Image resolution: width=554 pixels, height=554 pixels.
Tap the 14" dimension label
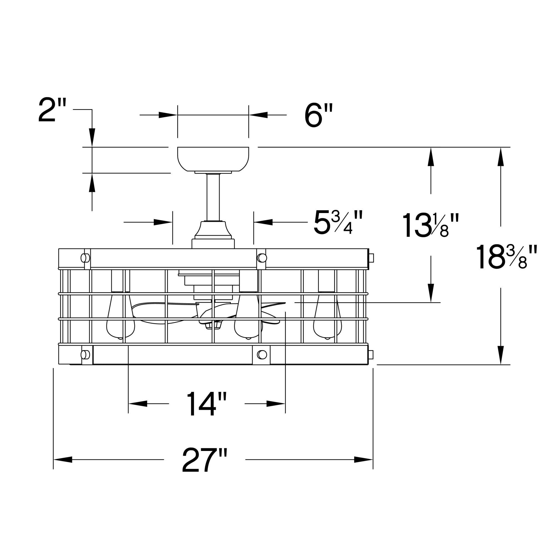click(206, 404)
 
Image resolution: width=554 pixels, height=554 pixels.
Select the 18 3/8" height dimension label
click(506, 257)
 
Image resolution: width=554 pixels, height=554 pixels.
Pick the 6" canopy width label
click(318, 115)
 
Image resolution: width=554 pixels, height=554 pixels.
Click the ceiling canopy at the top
click(213, 159)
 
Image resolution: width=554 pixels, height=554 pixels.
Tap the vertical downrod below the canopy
click(213, 197)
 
